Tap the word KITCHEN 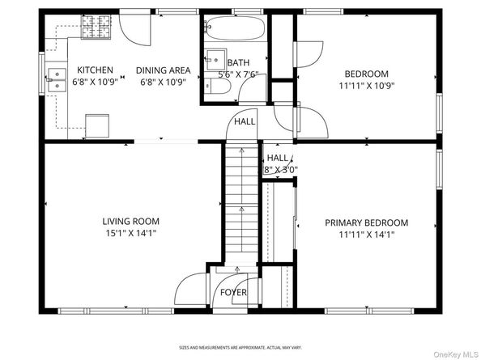click(x=95, y=70)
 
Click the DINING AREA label click(x=163, y=70)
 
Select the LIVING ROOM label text click(x=130, y=221)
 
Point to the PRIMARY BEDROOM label click(x=366, y=222)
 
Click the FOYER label click(x=233, y=292)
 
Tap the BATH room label click(x=238, y=63)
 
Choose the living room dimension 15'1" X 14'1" click(x=130, y=233)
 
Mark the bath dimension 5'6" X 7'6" click(x=237, y=75)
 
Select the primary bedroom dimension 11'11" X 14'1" click(x=366, y=235)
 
